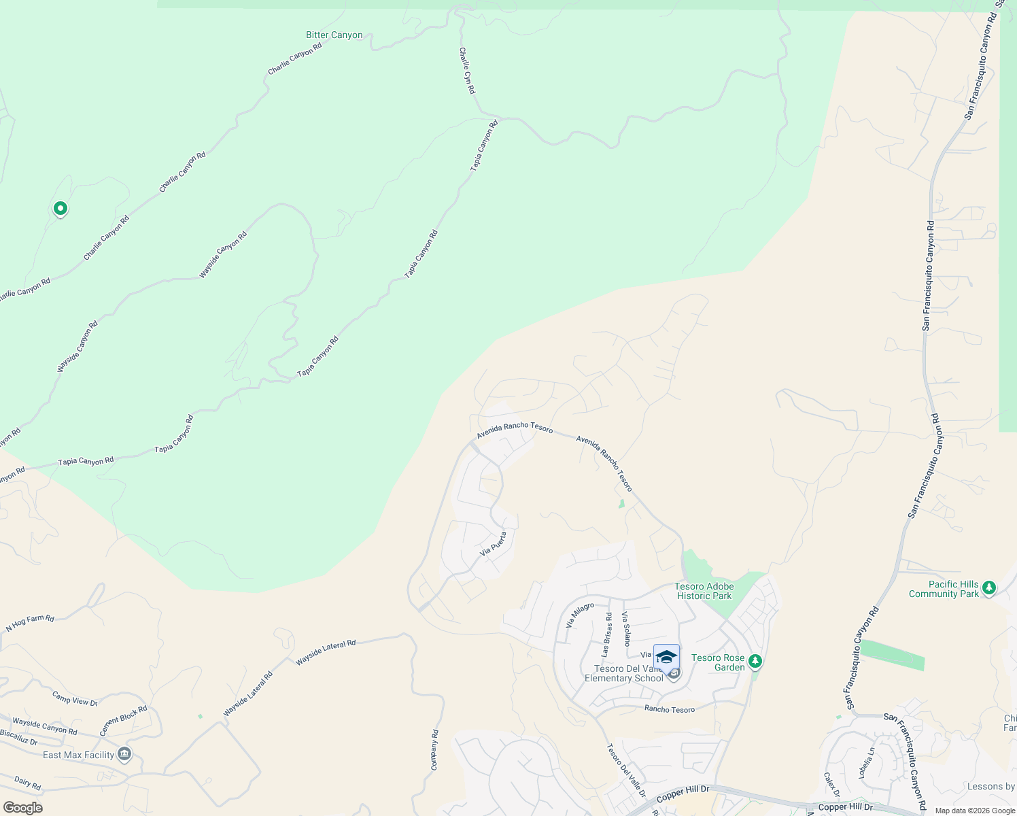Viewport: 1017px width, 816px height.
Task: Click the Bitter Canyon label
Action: tap(334, 35)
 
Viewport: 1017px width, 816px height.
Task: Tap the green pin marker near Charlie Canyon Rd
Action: tap(60, 208)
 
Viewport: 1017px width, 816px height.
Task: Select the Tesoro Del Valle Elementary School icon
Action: tap(666, 658)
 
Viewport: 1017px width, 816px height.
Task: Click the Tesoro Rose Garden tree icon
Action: tap(754, 661)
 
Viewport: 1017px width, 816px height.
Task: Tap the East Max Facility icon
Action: tap(124, 753)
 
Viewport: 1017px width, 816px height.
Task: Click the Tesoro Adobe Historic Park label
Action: tap(704, 591)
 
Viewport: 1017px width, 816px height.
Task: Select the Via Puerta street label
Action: tap(494, 543)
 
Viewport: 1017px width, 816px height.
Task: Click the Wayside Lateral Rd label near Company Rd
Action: tap(326, 652)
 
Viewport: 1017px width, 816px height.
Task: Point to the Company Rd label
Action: tap(434, 750)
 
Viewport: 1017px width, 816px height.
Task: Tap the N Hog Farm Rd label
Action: tap(30, 623)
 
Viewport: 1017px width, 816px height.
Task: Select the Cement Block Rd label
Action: tap(123, 721)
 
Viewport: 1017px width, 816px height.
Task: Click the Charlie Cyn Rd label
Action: tap(467, 71)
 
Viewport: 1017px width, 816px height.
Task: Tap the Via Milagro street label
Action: tap(580, 615)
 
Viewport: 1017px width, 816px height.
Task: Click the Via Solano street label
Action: tap(626, 629)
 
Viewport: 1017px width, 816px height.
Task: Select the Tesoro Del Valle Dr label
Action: tap(626, 770)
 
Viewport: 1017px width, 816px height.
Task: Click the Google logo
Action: tap(22, 807)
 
